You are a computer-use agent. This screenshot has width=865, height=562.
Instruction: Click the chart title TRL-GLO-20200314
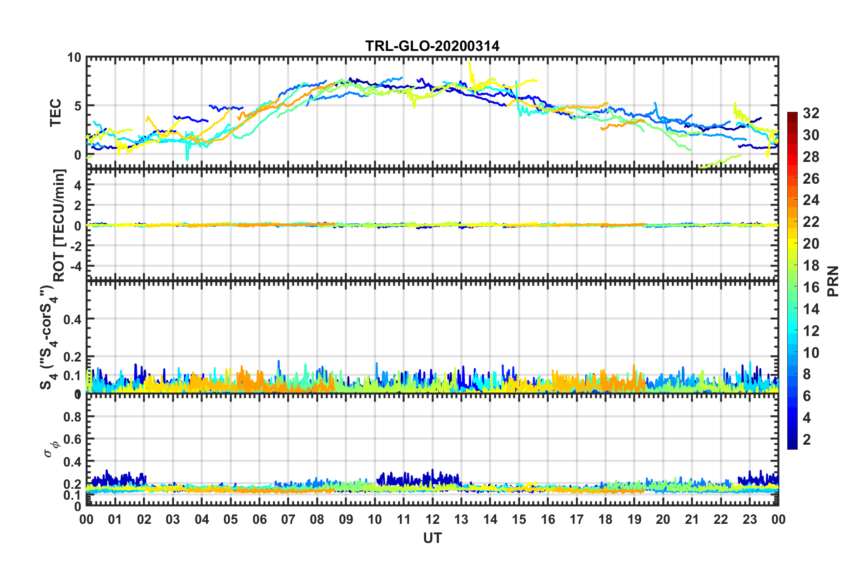pos(432,46)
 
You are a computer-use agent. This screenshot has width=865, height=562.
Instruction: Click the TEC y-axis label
pos(55,113)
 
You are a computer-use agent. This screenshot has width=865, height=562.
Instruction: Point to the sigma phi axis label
pos(50,448)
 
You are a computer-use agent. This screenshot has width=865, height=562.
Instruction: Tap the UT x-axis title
pos(432,538)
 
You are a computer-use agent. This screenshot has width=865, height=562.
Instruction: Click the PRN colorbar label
pos(833,281)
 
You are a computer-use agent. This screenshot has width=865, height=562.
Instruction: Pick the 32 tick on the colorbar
pos(811,113)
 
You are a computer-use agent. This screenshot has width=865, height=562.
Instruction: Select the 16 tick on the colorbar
pos(811,287)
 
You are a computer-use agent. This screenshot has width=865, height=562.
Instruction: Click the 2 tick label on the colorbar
pos(807,440)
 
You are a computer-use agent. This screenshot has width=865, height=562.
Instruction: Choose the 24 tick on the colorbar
pos(811,200)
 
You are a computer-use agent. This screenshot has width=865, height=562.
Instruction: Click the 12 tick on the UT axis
pos(432,519)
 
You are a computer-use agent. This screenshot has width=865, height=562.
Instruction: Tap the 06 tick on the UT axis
pos(259,519)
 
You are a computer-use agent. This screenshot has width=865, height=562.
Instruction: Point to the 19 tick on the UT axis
pos(634,519)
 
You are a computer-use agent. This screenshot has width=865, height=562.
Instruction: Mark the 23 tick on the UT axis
pos(749,519)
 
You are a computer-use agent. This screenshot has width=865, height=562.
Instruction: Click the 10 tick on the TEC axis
pos(74,58)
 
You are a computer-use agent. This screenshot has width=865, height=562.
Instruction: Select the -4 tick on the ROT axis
pos(75,265)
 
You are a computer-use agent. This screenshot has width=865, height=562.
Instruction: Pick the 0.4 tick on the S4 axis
pos(72,319)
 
